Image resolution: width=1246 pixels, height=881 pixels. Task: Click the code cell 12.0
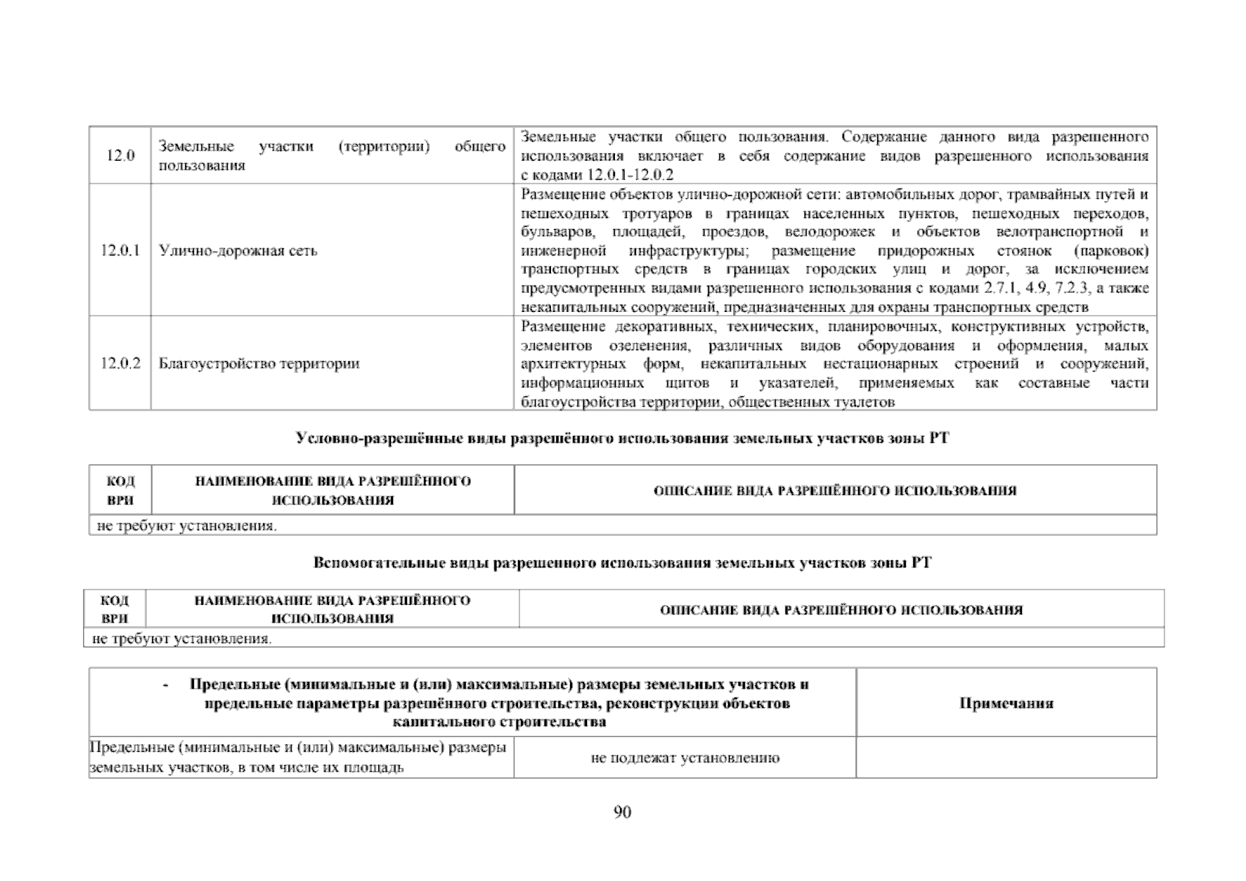(120, 156)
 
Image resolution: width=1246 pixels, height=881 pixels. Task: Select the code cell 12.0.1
(120, 251)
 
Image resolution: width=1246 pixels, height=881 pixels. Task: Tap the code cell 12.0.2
(120, 363)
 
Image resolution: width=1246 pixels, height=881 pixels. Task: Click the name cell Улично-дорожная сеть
(238, 251)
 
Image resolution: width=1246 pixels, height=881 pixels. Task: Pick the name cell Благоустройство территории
(259, 363)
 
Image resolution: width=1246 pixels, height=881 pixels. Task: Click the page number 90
(622, 812)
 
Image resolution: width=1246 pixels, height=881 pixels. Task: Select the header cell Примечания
(1006, 703)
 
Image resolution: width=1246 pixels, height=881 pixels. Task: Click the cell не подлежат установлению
(684, 758)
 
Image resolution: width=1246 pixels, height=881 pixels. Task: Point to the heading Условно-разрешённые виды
(622, 438)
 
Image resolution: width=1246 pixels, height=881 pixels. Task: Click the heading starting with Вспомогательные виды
(622, 563)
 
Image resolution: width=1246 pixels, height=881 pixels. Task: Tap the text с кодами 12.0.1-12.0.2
(597, 175)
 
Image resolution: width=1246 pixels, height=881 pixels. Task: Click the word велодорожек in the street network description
(829, 233)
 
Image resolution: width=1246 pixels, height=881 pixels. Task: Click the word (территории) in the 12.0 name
(383, 146)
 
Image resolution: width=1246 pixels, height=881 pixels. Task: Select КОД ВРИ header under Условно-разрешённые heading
(120, 490)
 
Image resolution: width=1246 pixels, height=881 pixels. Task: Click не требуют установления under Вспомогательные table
(181, 639)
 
